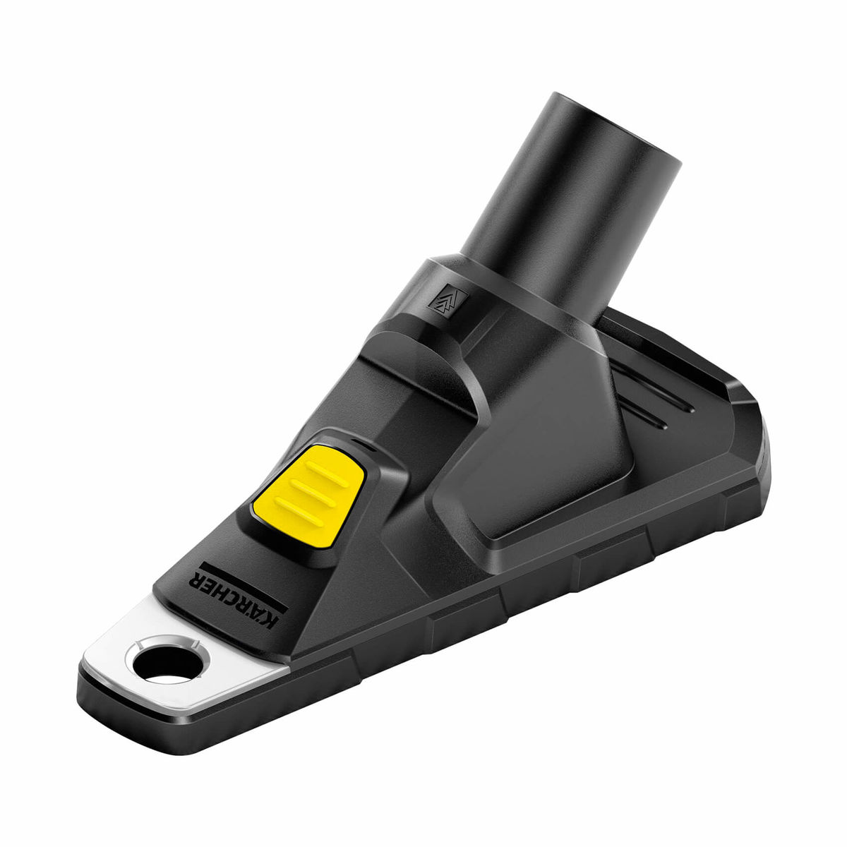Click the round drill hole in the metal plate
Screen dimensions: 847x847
click(164, 661)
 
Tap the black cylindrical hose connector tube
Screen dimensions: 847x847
click(565, 191)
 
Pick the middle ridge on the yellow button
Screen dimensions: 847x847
click(308, 488)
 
